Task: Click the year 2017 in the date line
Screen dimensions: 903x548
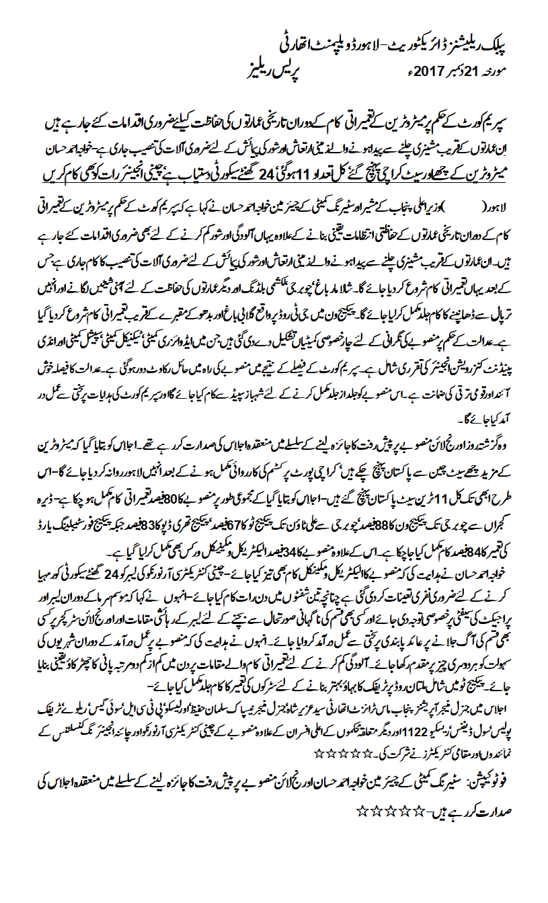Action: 422,70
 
